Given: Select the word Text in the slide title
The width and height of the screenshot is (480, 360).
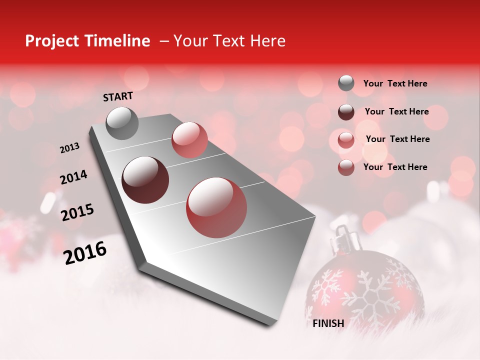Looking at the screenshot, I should pyautogui.click(x=229, y=41).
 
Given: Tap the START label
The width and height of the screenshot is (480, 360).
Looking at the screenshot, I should pyautogui.click(x=118, y=96).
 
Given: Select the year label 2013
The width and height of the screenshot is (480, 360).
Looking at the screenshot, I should pyautogui.click(x=69, y=148).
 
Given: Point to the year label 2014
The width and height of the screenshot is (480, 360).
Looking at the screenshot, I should pyautogui.click(x=73, y=177).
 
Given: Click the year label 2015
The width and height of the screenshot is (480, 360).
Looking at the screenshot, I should pyautogui.click(x=77, y=212).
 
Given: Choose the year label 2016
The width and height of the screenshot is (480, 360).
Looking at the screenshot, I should pyautogui.click(x=85, y=252).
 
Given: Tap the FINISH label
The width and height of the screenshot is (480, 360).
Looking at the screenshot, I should pyautogui.click(x=328, y=323).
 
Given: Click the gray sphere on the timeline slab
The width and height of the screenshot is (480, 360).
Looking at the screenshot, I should pyautogui.click(x=122, y=123).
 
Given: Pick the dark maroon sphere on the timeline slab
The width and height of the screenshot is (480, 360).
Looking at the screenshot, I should pyautogui.click(x=145, y=180).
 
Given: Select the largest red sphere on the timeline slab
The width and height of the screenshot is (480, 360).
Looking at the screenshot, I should pyautogui.click(x=216, y=207).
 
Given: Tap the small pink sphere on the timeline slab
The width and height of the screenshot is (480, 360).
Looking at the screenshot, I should pyautogui.click(x=189, y=140).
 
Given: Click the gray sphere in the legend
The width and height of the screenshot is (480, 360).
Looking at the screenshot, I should pyautogui.click(x=346, y=83).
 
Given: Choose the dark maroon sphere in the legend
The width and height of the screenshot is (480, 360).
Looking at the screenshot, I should pyautogui.click(x=346, y=112).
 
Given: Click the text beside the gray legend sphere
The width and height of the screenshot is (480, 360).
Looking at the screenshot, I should pyautogui.click(x=395, y=84).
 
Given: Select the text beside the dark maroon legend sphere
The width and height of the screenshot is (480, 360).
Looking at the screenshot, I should pyautogui.click(x=396, y=111).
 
